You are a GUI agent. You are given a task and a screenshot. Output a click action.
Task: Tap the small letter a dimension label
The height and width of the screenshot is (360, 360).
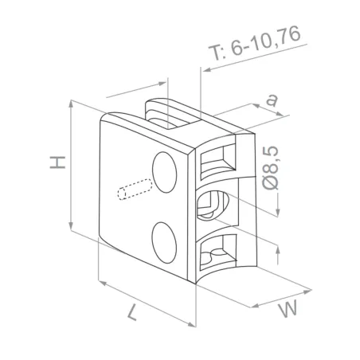click(x=273, y=100)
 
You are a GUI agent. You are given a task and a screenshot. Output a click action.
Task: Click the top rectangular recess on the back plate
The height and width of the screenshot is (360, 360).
click(x=217, y=162)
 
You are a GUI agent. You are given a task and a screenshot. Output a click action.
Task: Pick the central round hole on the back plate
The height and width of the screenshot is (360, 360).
click(x=213, y=206)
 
